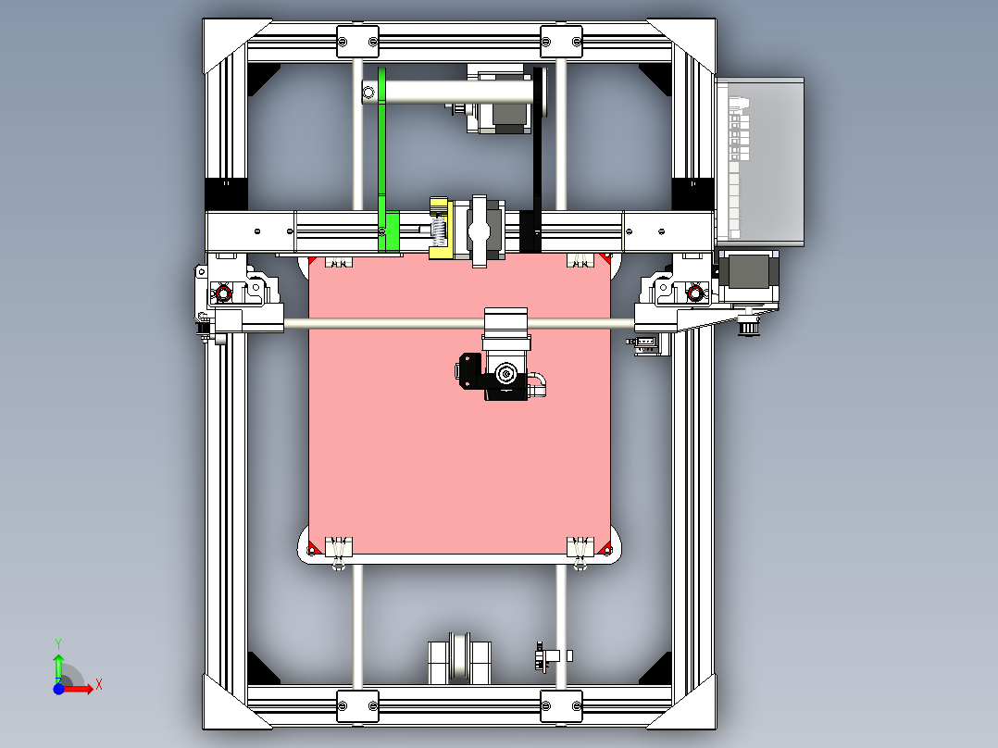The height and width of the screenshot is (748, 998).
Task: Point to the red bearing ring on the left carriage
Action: pyautogui.click(x=221, y=294)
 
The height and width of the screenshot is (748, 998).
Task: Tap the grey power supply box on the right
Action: pyautogui.click(x=759, y=162)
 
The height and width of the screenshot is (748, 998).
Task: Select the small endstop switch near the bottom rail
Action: pyautogui.click(x=544, y=658)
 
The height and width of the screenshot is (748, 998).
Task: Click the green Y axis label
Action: pyautogui.click(x=57, y=642)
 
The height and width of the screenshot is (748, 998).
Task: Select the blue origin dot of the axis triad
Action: pyautogui.click(x=57, y=689)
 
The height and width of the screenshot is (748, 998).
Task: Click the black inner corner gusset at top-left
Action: pyautogui.click(x=263, y=78)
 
